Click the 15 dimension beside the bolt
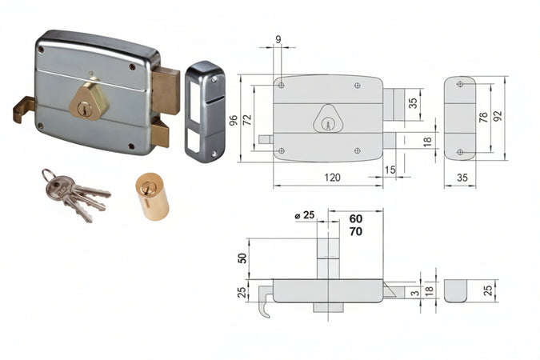[x=390, y=170]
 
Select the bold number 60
[x=355, y=218]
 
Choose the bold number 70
[x=355, y=232]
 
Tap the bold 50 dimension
[x=242, y=258]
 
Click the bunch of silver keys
[x=74, y=193]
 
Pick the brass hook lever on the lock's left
[x=23, y=109]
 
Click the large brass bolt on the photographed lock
[x=166, y=90]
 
